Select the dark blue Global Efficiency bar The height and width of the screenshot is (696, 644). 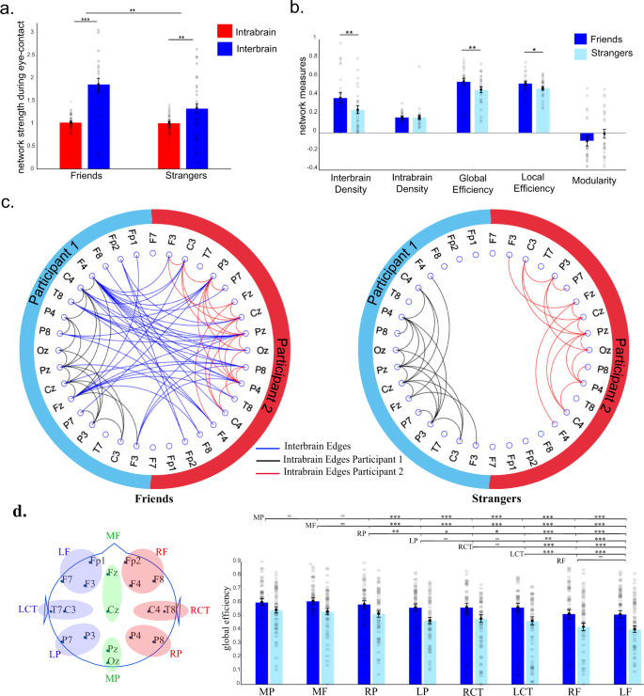(x=462, y=106)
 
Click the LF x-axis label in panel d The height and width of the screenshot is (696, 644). (x=607, y=688)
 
